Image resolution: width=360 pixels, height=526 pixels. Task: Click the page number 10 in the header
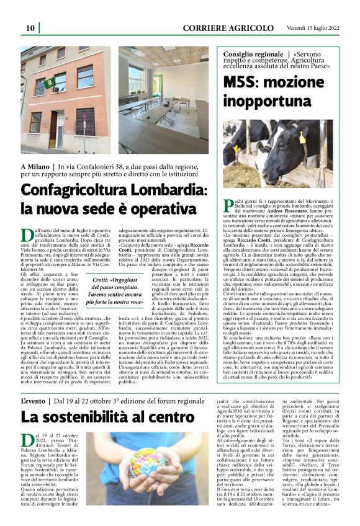pos(30,28)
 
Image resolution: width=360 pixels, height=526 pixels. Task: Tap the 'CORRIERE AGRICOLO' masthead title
pos(228,28)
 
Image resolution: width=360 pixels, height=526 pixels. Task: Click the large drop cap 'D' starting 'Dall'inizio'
pos(25,235)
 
